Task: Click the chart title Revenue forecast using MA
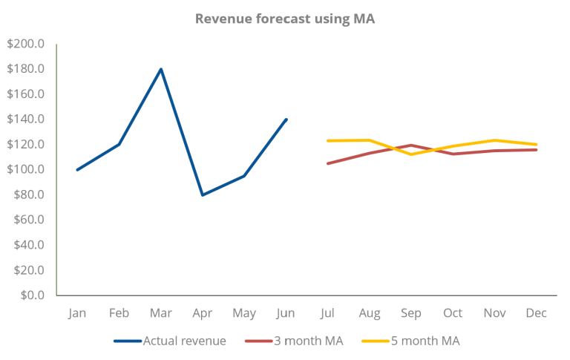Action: coord(285,19)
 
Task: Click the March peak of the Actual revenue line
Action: coord(161,69)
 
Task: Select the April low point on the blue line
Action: coord(203,194)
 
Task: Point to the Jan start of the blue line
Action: coord(77,169)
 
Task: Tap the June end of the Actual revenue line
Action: coord(286,119)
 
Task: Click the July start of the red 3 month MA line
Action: coord(328,163)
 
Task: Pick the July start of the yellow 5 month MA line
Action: coord(328,140)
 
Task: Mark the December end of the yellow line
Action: coord(536,144)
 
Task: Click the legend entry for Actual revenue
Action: coord(173,341)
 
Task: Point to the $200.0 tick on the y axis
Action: coord(26,45)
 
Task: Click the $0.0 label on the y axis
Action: coord(30,295)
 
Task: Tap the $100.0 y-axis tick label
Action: coord(26,169)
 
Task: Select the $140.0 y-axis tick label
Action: coord(26,120)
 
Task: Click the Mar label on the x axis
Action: coord(161,313)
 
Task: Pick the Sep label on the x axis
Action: coord(410,313)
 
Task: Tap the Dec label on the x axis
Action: coord(536,313)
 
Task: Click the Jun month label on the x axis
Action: coord(286,313)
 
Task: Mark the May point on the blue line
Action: coord(244,176)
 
